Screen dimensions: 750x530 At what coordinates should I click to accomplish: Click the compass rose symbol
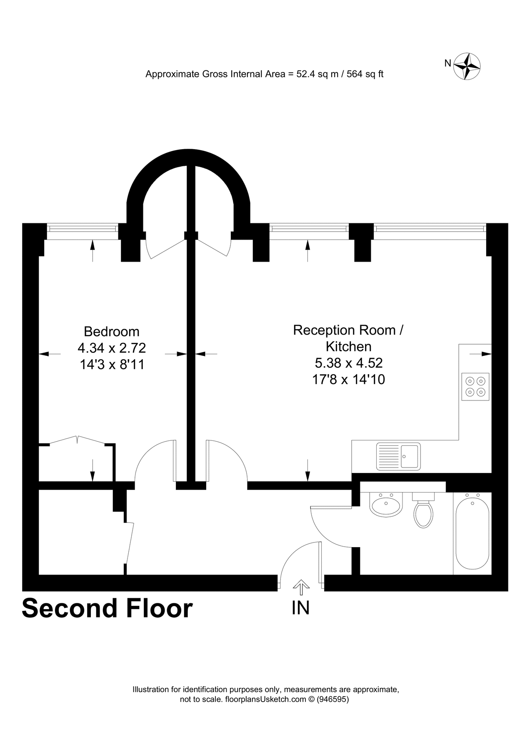coord(467,66)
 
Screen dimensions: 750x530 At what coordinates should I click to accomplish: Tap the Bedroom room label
coord(112,332)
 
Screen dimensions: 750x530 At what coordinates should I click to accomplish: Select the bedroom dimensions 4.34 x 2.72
coord(112,348)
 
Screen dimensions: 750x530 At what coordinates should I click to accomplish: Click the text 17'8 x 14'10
coord(348,380)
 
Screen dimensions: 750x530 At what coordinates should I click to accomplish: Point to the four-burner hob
coord(475,387)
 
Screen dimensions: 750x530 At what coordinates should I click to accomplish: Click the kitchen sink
coord(398,456)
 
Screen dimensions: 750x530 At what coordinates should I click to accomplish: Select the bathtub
coord(472,533)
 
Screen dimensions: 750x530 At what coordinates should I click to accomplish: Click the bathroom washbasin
coord(386,505)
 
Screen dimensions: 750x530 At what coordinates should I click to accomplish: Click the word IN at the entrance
coord(301,608)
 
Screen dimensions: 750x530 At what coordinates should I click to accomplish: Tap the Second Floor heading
coord(107,608)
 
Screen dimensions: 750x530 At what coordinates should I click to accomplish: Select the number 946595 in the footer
coord(333,699)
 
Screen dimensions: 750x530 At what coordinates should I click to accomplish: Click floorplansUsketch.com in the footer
coord(266,699)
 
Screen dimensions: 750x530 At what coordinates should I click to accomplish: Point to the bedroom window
coord(82,228)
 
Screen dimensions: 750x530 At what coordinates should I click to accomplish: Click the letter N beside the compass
coord(448,63)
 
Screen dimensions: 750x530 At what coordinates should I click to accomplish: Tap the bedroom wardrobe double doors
coord(77,441)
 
